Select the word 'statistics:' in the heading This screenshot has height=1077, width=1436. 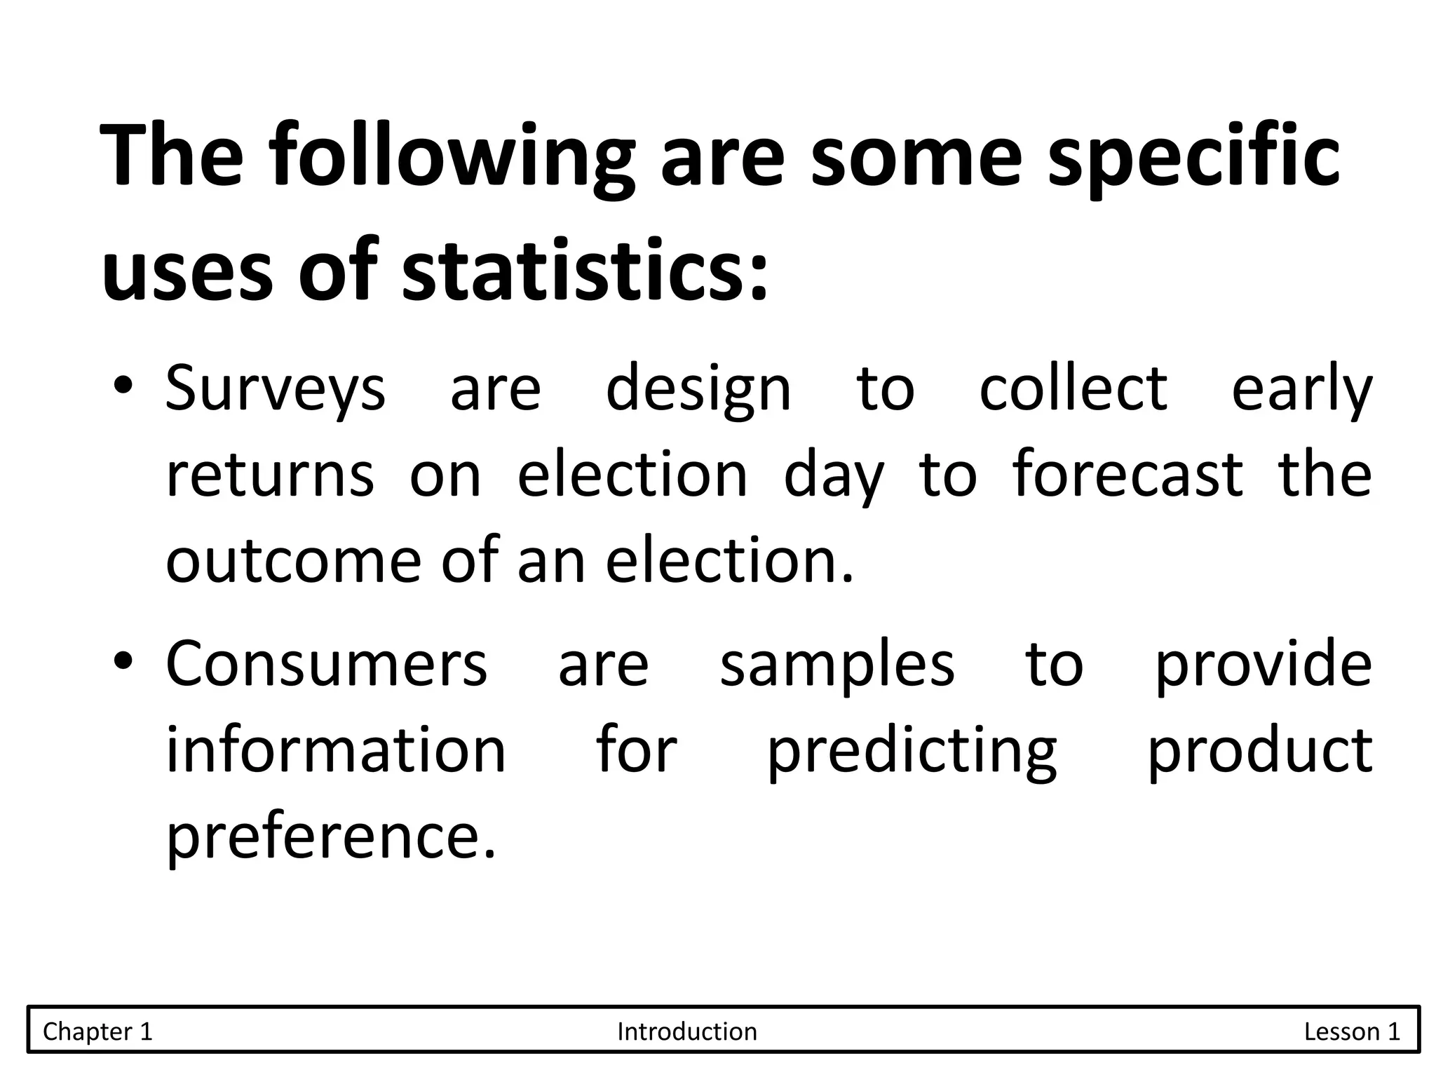(586, 270)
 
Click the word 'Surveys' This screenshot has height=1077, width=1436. (275, 390)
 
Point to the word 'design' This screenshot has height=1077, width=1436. (698, 390)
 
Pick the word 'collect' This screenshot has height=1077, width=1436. (1073, 388)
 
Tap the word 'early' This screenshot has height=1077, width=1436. (1301, 390)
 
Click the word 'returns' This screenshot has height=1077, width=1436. (270, 475)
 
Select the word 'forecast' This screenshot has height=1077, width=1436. (1127, 474)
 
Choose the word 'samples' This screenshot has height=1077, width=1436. (837, 665)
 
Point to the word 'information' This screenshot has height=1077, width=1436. (336, 750)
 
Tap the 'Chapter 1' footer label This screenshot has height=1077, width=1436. (97, 1031)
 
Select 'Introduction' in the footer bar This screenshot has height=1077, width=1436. (687, 1031)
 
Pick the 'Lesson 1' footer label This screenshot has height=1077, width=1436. (1352, 1031)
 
